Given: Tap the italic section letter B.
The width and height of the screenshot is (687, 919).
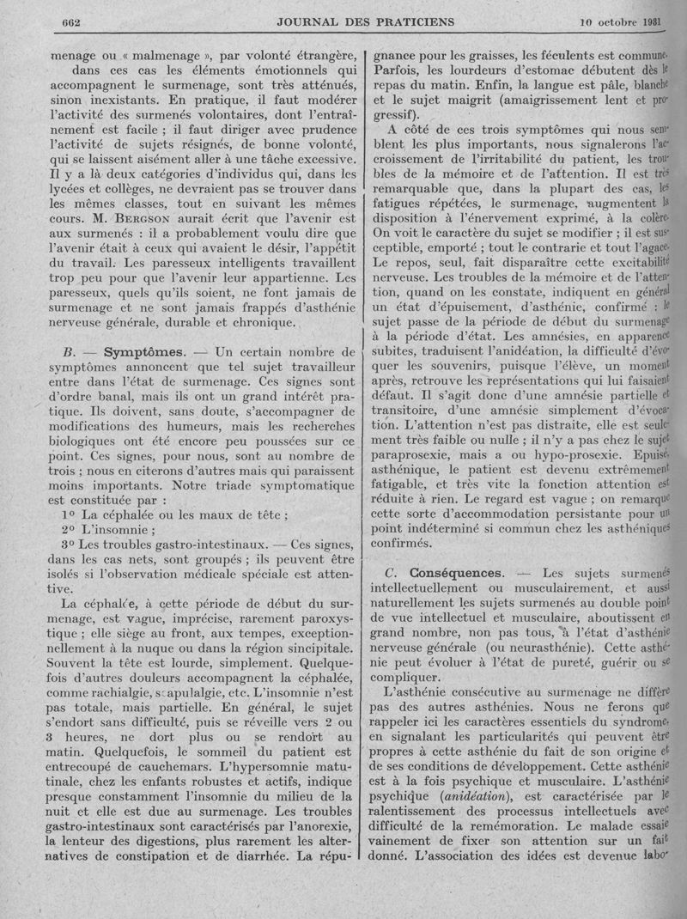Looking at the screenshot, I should click(67, 352).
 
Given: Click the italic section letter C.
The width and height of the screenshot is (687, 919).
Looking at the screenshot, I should click(390, 572).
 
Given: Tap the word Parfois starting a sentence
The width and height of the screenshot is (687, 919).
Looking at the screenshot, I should click(401, 71).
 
